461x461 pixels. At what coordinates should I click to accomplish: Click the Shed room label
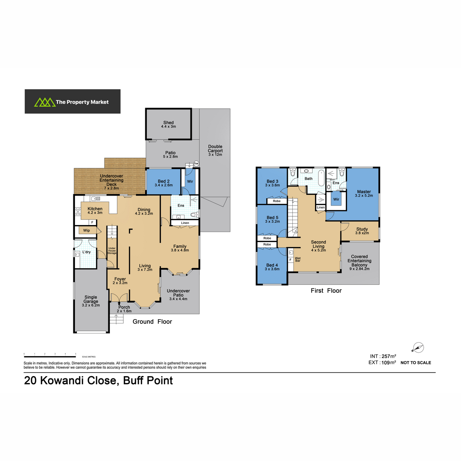point(168,123)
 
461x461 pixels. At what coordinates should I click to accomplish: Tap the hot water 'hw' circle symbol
point(196,164)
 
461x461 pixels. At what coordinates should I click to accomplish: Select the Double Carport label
point(215,149)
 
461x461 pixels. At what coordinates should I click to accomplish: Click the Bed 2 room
point(163,182)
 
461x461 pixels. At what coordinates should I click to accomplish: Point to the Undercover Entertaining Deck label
point(111,180)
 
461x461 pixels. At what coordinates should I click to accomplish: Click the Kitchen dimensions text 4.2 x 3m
point(95,213)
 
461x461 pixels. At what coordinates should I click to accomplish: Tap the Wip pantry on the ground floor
point(86,230)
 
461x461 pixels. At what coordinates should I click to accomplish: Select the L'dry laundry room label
point(86,252)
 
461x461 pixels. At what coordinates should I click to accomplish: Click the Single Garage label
point(91,299)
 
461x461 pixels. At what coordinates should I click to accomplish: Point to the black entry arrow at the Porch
point(119,303)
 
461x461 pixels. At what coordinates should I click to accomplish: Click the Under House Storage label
point(112,250)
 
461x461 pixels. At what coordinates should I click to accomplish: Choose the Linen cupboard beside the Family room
point(185,223)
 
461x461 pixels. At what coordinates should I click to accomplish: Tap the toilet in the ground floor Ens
point(195,214)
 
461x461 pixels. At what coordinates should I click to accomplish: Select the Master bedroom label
point(364,192)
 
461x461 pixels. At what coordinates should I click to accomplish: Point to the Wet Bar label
point(298,259)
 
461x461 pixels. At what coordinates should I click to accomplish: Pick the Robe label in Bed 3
point(277,201)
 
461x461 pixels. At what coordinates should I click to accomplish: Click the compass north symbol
point(418,347)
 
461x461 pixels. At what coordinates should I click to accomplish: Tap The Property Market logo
point(73,101)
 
